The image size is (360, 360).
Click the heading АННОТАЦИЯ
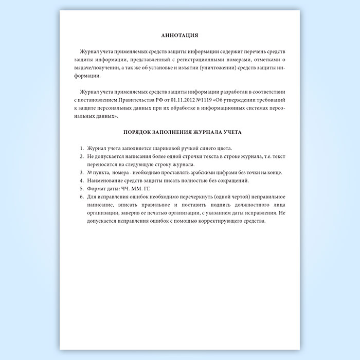pos(179,36)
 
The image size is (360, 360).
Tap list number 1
pos(82,148)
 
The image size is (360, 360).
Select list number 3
pos(82,172)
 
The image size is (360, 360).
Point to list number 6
pos(82,197)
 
